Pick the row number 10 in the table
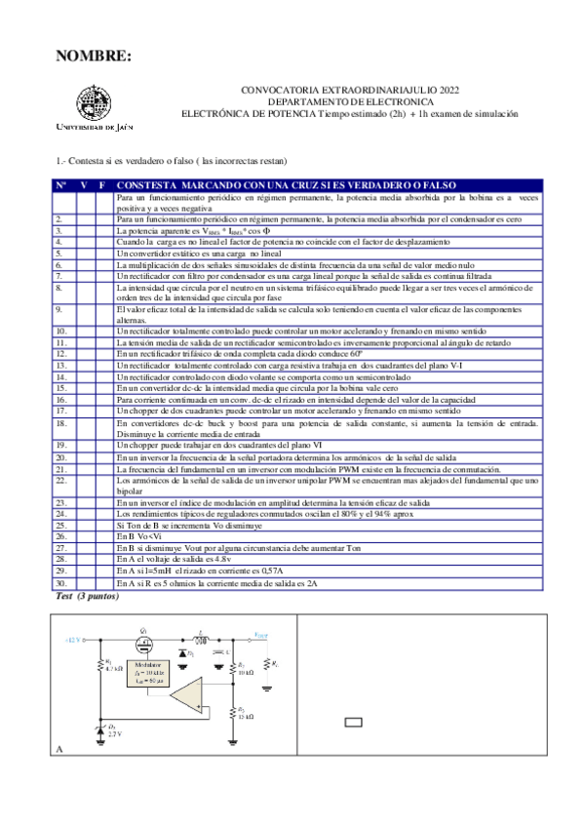pos(61,333)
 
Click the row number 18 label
pos(61,424)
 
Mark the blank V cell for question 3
pos(83,231)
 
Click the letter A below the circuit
pos(61,749)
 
